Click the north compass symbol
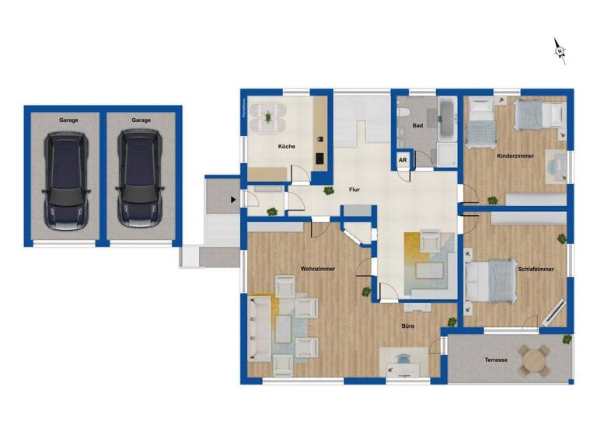point(560,50)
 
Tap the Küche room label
point(287,146)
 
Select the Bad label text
point(417,125)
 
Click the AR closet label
point(403,161)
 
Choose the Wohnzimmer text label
point(317,268)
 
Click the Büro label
point(407,326)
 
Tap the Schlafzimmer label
point(536,269)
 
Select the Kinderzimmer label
point(515,156)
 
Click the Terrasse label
point(495,360)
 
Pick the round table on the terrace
point(535,360)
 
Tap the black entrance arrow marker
point(232,200)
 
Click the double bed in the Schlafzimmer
point(491,280)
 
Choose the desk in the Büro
point(403,364)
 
